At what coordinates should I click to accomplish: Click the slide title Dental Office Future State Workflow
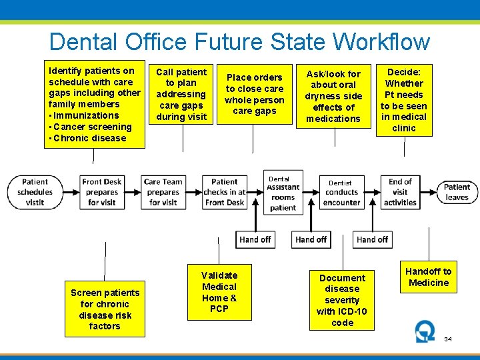tap(239, 42)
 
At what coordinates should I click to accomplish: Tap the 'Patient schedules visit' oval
tap(35, 192)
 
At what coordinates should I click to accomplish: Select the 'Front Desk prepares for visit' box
tap(102, 192)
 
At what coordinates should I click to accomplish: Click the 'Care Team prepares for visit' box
tap(163, 192)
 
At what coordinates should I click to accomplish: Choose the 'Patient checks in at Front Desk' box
tap(225, 192)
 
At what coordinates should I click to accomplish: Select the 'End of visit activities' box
tap(400, 192)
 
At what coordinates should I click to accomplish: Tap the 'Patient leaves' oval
tap(457, 192)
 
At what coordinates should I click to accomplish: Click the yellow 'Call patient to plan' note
tap(181, 94)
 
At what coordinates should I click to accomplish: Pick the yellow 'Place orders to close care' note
tap(254, 94)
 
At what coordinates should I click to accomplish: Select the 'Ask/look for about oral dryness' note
tap(333, 96)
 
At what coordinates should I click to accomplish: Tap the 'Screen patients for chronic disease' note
tap(105, 309)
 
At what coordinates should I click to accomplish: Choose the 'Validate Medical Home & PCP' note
tap(219, 292)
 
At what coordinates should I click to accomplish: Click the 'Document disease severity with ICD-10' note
tap(342, 300)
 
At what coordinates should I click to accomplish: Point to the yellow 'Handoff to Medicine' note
tap(429, 277)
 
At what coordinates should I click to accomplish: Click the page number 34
tap(448, 339)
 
